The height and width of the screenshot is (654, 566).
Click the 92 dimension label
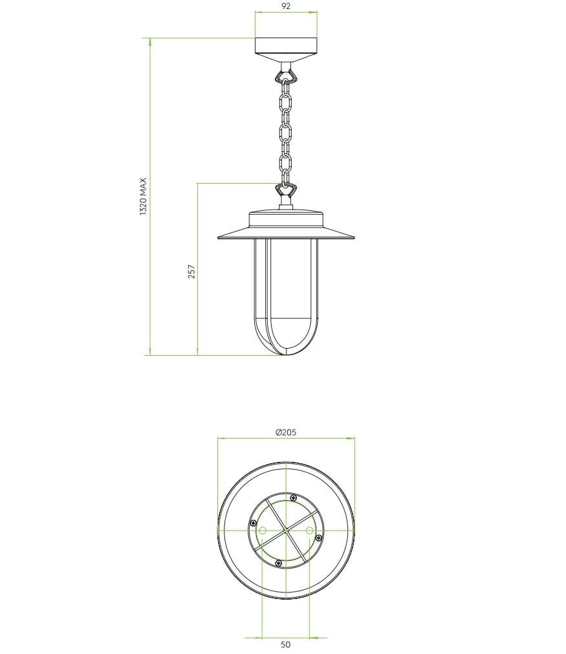pyautogui.click(x=286, y=6)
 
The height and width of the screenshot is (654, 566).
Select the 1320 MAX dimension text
pyautogui.click(x=144, y=197)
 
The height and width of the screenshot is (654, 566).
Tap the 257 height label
pyautogui.click(x=191, y=271)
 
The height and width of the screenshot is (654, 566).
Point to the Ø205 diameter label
pyautogui.click(x=285, y=433)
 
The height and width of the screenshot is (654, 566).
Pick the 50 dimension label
pyautogui.click(x=286, y=644)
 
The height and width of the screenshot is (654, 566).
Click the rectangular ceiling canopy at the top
pyautogui.click(x=285, y=47)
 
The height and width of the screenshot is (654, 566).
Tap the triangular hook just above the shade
pyautogui.click(x=285, y=190)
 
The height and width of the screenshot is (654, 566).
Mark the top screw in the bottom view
pyautogui.click(x=294, y=497)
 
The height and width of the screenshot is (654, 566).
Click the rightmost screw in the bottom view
pyautogui.click(x=317, y=538)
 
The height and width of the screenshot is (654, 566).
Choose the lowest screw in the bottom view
pyautogui.click(x=278, y=562)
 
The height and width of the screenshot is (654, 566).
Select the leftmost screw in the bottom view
pyautogui.click(x=254, y=522)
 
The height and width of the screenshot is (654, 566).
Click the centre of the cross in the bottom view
pyautogui.click(x=285, y=530)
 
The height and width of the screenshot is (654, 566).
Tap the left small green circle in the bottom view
pyautogui.click(x=263, y=530)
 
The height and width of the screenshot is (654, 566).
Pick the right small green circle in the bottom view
pyautogui.click(x=309, y=530)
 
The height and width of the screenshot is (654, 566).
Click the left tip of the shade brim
pyautogui.click(x=219, y=237)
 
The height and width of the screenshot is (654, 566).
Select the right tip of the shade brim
pyautogui.click(x=353, y=237)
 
